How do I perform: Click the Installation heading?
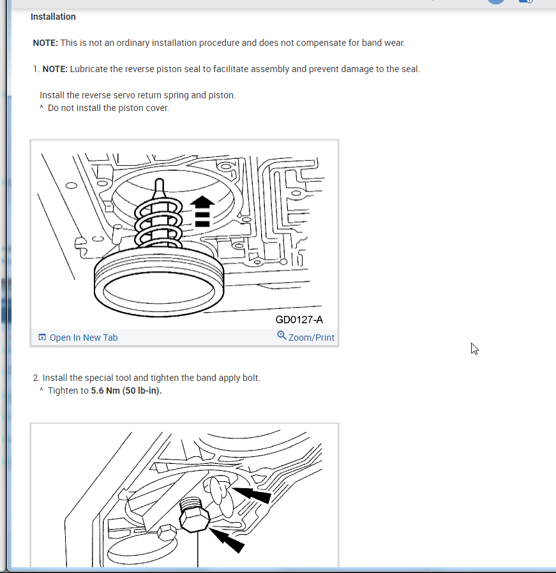point(53,17)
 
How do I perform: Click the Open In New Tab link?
point(84,338)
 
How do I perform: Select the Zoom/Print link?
point(311,338)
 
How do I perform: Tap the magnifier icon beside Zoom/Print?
point(282,336)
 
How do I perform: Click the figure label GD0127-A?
point(299,320)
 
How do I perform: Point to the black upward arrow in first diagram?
point(202,211)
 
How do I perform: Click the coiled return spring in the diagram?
point(158,223)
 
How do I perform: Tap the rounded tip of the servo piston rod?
point(160,181)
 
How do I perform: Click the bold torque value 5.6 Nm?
point(105,391)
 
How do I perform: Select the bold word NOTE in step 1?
point(55,69)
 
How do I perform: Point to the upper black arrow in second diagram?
point(251,494)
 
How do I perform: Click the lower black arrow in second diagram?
point(226,540)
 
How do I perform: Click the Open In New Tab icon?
point(42,337)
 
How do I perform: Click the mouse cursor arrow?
point(474,348)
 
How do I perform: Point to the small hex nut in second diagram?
point(167,532)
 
